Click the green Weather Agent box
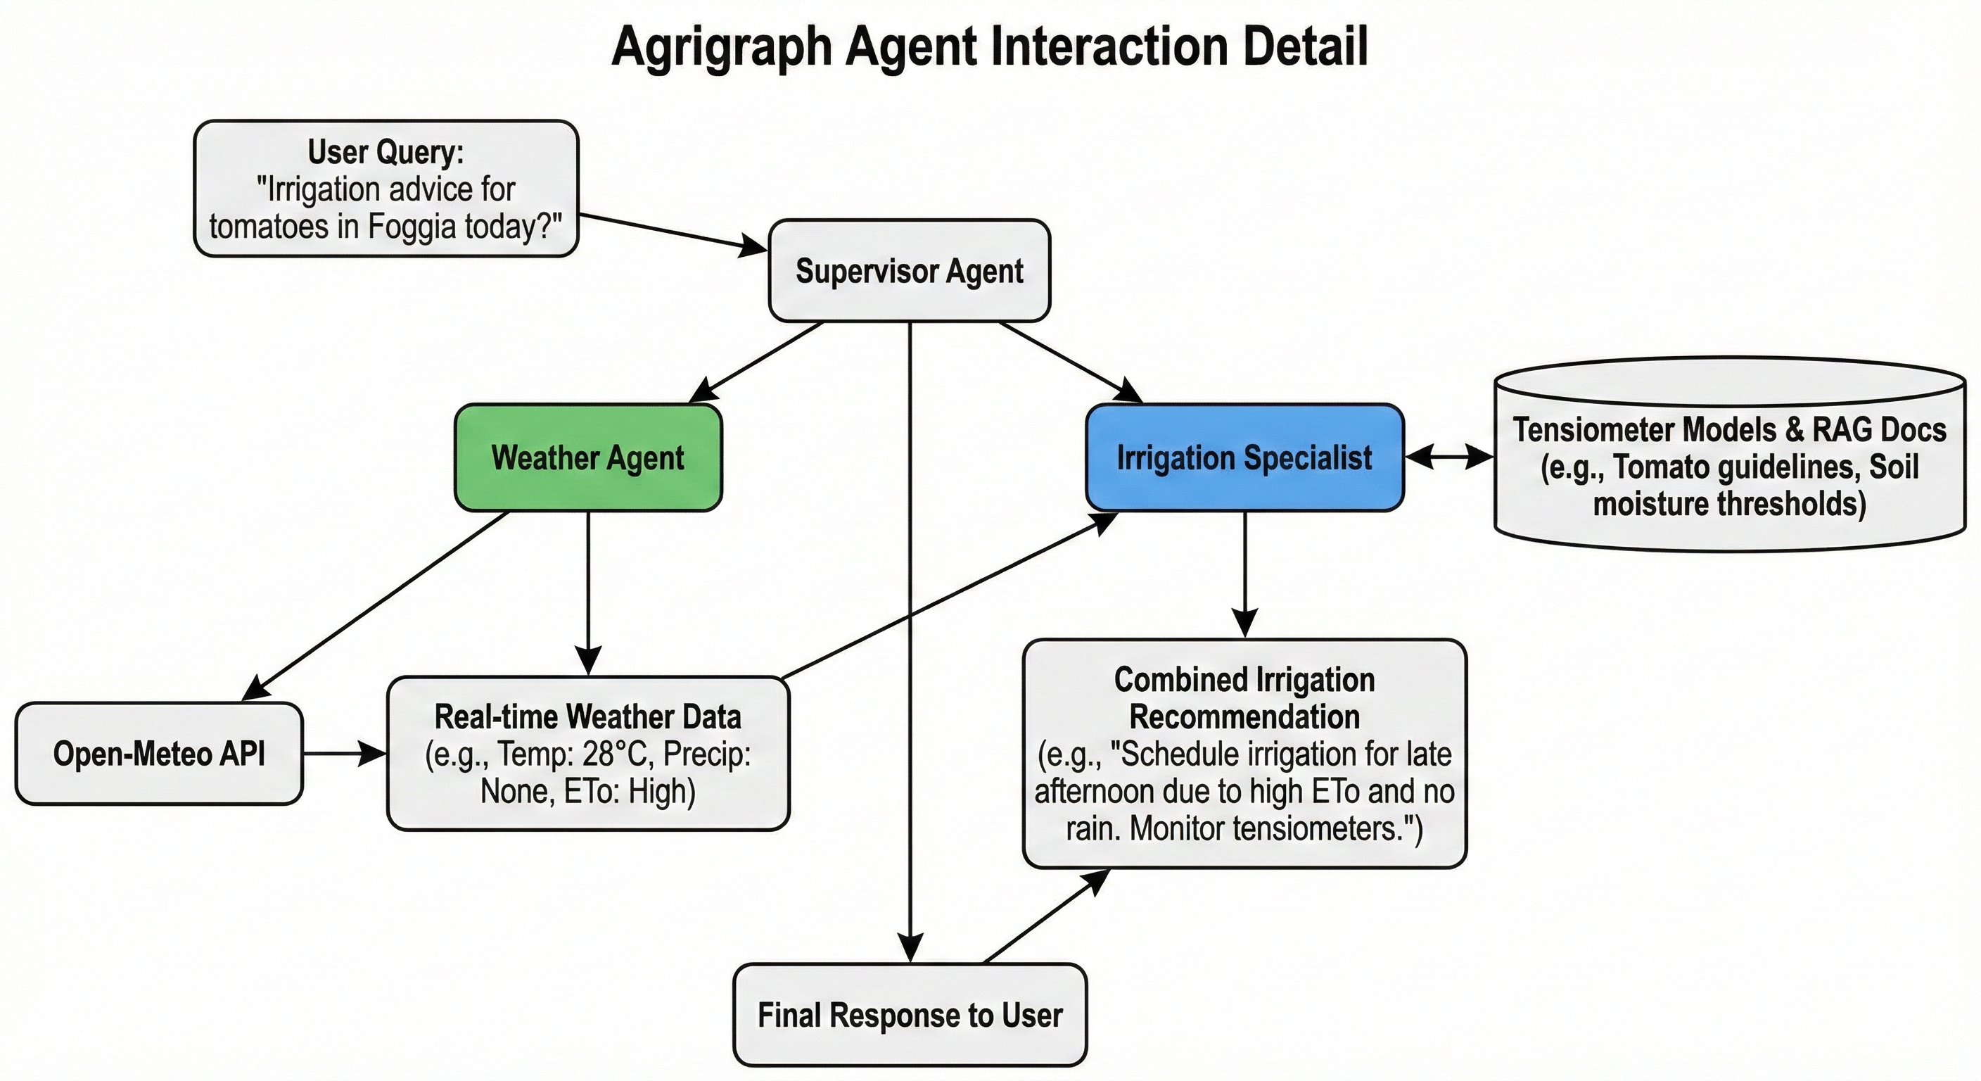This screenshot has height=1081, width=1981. pos(588,457)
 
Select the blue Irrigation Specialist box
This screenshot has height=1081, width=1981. pos(1244,457)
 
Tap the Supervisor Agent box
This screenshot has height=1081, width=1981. pos(909,271)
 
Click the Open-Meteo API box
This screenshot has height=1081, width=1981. pos(159,754)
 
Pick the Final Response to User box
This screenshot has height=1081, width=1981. pos(910,1015)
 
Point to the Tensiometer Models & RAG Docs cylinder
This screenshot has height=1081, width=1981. pos(1730,462)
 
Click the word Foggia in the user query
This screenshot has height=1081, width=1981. pos(411,227)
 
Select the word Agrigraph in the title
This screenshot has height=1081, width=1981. pos(721,48)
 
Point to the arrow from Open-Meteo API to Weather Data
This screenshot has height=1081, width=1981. pos(345,754)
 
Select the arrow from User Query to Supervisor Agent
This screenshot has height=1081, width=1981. pos(673,232)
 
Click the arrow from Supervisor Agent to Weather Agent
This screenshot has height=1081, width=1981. pos(757,362)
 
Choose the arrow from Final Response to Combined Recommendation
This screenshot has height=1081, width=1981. pos(1046,916)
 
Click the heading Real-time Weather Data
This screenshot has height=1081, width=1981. pos(587,717)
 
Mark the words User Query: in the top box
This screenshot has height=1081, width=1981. pos(386,152)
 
